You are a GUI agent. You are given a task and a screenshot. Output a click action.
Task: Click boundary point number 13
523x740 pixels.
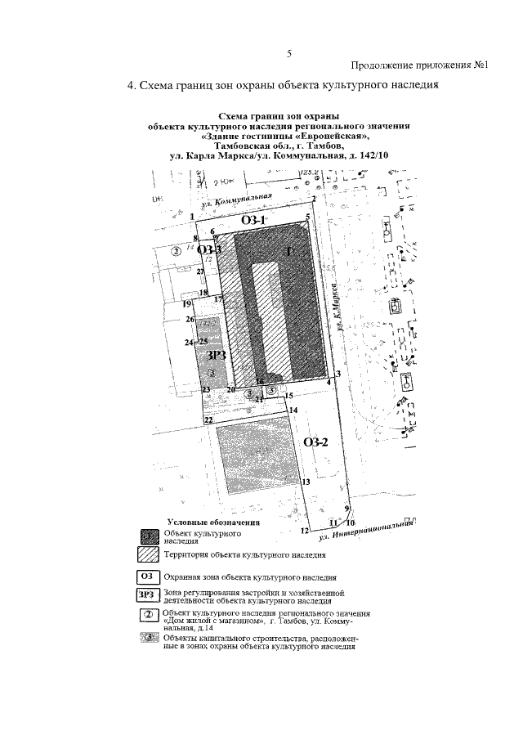[x=305, y=482]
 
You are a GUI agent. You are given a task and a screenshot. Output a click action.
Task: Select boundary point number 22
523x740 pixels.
[x=208, y=420]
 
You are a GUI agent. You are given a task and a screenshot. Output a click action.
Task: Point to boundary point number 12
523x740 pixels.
[x=304, y=531]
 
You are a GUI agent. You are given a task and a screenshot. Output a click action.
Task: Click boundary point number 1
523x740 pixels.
[x=192, y=216]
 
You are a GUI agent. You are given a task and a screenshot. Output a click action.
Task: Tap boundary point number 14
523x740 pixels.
[x=293, y=410]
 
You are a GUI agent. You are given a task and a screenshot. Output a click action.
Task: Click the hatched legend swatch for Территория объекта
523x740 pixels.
[x=149, y=554]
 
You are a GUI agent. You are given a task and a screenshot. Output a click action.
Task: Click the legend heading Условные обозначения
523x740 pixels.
[x=213, y=522]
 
